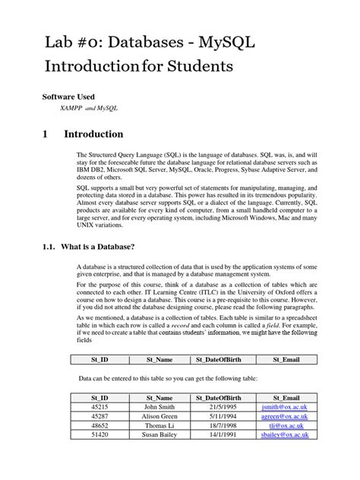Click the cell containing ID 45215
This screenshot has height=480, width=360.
pos(99,407)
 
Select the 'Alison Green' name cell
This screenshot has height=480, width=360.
pos(159,417)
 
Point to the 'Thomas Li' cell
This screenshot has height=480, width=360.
pos(159,427)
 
